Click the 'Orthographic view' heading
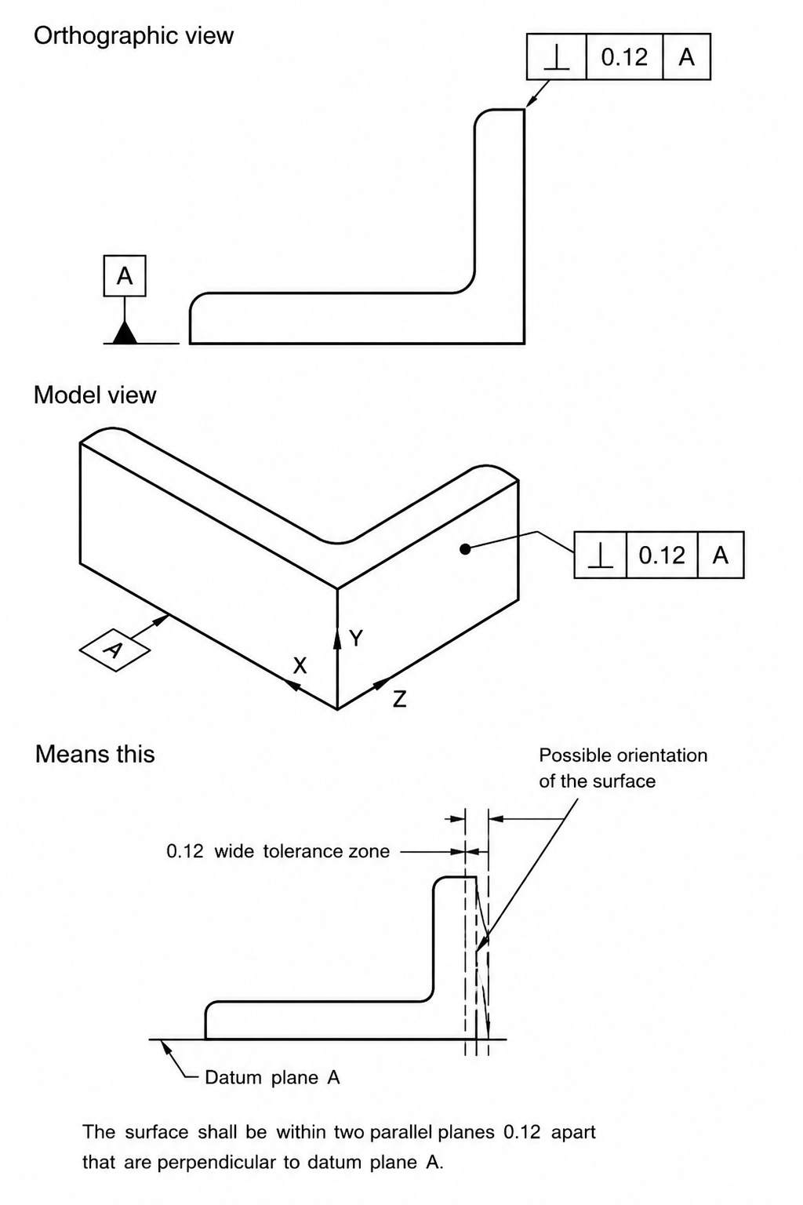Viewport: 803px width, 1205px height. pyautogui.click(x=133, y=37)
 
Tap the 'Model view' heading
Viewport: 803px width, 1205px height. pyautogui.click(x=95, y=395)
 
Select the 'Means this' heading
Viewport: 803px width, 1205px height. pyautogui.click(x=95, y=754)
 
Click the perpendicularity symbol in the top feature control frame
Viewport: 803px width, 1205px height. pyautogui.click(x=557, y=57)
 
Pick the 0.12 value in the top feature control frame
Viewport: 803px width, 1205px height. pyautogui.click(x=624, y=57)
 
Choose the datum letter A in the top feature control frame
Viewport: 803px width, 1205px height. pyautogui.click(x=686, y=57)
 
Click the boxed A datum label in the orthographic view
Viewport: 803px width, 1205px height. pyautogui.click(x=125, y=276)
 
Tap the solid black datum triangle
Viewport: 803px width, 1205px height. pyautogui.click(x=125, y=333)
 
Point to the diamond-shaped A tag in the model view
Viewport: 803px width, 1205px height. pyautogui.click(x=114, y=650)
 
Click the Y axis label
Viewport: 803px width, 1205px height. pyautogui.click(x=356, y=639)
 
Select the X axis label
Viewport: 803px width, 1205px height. pyautogui.click(x=300, y=666)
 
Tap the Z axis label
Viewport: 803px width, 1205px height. pyautogui.click(x=400, y=699)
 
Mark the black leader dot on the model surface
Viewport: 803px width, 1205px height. pyautogui.click(x=466, y=548)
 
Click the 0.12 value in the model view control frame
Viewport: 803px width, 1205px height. pyautogui.click(x=662, y=555)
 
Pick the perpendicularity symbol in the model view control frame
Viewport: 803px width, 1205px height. pyautogui.click(x=600, y=555)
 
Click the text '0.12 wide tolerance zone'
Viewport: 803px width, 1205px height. pyautogui.click(x=278, y=851)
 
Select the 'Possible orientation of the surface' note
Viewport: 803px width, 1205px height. pyautogui.click(x=623, y=768)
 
